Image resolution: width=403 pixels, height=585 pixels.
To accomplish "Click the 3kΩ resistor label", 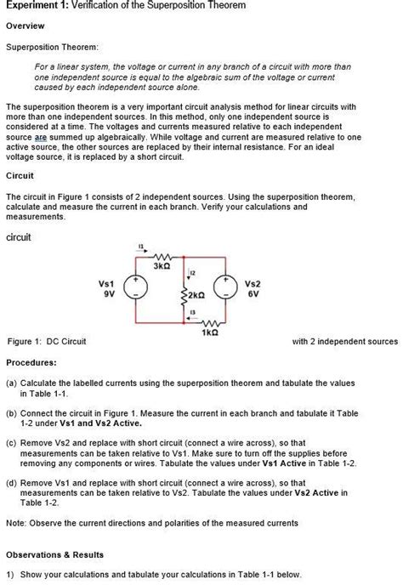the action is (x=162, y=266).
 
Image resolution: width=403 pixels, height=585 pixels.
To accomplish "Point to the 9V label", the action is (x=108, y=294).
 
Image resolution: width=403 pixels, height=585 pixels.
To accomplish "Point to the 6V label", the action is (x=253, y=294).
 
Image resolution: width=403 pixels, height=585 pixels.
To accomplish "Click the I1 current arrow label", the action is (x=140, y=247).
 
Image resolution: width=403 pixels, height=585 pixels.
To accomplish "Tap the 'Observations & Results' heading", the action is (x=54, y=554).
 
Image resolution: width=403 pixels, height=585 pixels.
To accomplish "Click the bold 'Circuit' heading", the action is (x=20, y=176).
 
